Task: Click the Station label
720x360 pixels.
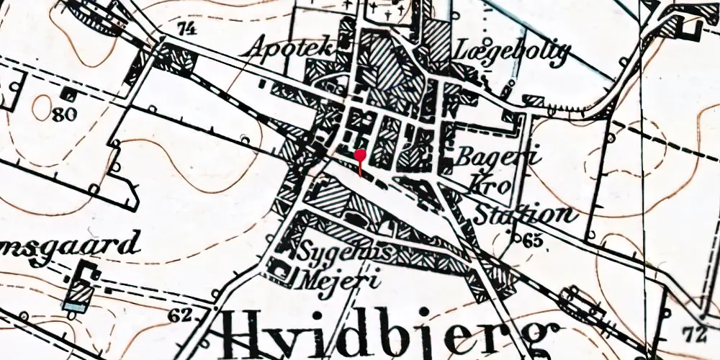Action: coord(524,214)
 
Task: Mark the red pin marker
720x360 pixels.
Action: coord(360,154)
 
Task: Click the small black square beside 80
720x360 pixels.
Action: coord(70,94)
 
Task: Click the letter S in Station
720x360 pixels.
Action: coord(481,214)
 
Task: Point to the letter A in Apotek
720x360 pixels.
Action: coord(258,48)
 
